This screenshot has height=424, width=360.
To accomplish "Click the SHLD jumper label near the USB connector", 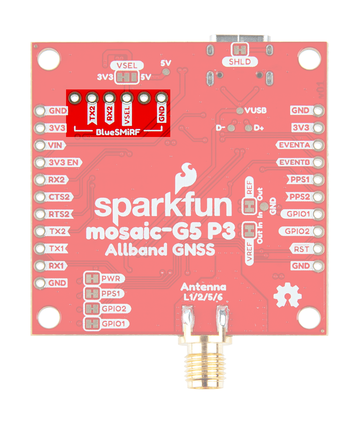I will [240, 62].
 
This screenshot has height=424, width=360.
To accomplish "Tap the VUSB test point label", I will [255, 111].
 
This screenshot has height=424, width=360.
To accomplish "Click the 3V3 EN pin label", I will [65, 162].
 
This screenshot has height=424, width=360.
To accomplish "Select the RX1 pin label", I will [56, 266].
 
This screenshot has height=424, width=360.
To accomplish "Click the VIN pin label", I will [56, 145].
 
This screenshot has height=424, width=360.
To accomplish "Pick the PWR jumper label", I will [110, 279].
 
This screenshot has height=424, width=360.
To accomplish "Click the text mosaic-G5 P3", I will [160, 232].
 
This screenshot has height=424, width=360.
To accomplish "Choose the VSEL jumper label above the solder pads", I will [127, 66].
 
